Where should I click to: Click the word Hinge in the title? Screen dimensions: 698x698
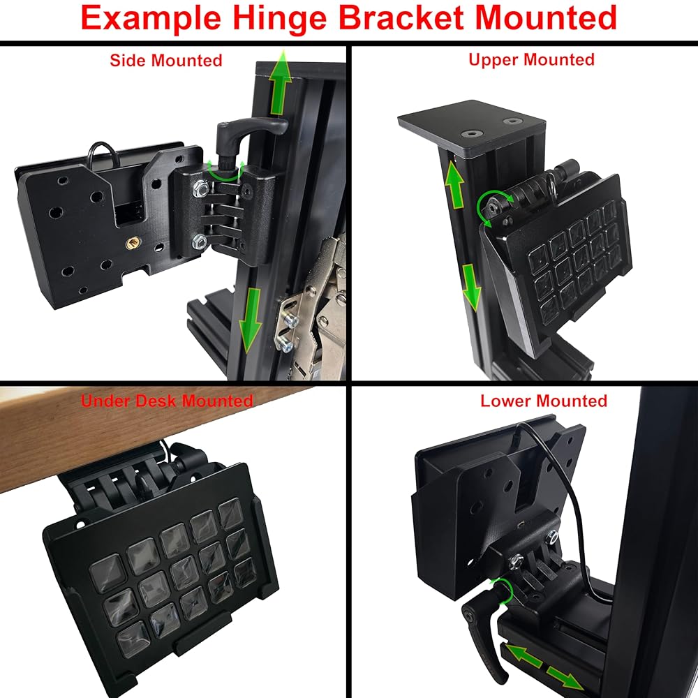[290, 19]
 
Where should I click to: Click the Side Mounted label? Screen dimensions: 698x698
[165, 60]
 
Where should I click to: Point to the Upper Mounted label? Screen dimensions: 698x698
[531, 59]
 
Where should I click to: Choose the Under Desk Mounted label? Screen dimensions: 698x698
[167, 401]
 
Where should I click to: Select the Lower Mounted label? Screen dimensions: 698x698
[544, 401]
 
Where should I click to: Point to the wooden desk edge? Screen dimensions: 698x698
[105, 433]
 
